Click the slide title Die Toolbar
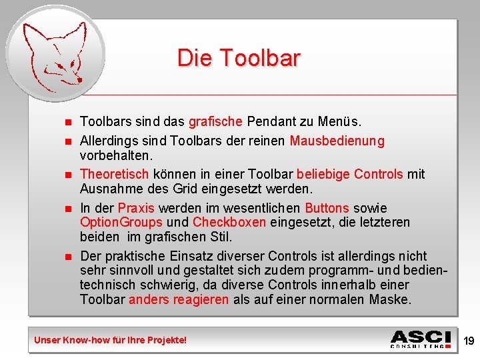239,59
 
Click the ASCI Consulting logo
421,339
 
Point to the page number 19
469,341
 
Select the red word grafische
215,122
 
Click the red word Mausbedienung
337,141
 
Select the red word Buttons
327,208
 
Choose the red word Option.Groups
121,222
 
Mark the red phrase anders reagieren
179,299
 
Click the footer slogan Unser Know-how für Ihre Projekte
111,340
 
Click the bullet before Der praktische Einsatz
67,257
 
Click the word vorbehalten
116,155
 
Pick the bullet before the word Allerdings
67,141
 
